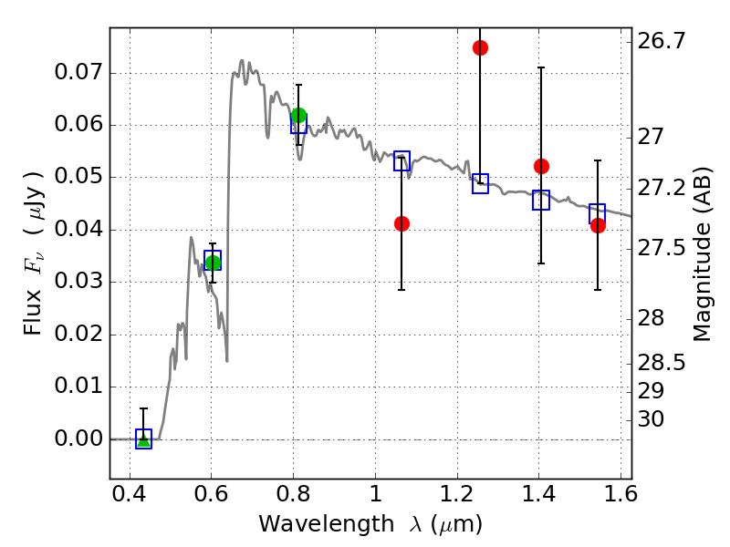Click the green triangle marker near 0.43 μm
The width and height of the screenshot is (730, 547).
(x=144, y=440)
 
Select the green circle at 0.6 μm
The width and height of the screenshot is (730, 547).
(x=213, y=263)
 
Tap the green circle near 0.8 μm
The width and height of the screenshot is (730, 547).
(x=298, y=116)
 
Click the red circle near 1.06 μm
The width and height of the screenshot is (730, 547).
(x=401, y=223)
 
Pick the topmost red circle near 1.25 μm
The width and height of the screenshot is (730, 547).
(x=481, y=48)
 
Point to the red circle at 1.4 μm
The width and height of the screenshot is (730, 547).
(x=541, y=166)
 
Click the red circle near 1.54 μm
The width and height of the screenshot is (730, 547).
(x=598, y=225)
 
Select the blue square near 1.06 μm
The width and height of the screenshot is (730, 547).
(x=401, y=161)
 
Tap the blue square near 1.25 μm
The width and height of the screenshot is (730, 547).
(x=481, y=184)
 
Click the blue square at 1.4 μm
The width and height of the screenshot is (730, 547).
(x=541, y=200)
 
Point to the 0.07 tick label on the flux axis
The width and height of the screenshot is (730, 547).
(x=78, y=72)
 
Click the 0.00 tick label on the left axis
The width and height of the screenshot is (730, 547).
(x=78, y=439)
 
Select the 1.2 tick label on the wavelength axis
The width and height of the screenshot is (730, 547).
(x=457, y=494)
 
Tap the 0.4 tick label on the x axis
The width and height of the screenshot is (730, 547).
(x=130, y=494)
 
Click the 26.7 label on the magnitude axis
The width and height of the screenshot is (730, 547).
(x=662, y=41)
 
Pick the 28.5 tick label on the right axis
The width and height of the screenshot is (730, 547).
(x=662, y=363)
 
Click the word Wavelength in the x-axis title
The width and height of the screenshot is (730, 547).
(x=327, y=524)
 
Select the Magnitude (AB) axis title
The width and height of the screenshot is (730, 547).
(x=702, y=254)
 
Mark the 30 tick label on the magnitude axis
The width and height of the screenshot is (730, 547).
(x=651, y=419)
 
